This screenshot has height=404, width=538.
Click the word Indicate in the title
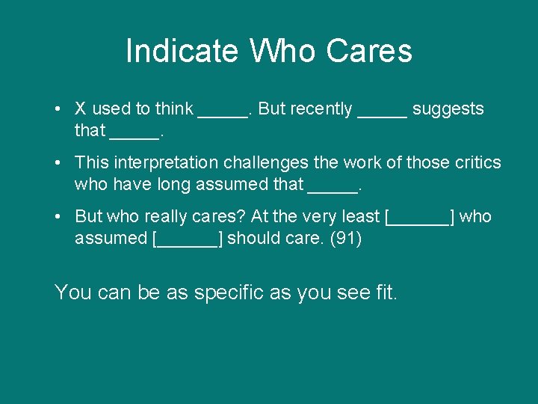coord(182,52)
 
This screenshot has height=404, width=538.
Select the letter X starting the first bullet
coord(81,109)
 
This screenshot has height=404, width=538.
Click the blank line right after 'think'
coord(222,112)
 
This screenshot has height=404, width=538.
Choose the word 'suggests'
coord(448,110)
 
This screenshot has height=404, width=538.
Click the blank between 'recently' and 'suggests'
coord(383,112)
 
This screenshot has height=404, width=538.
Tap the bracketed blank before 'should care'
coord(187,239)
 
